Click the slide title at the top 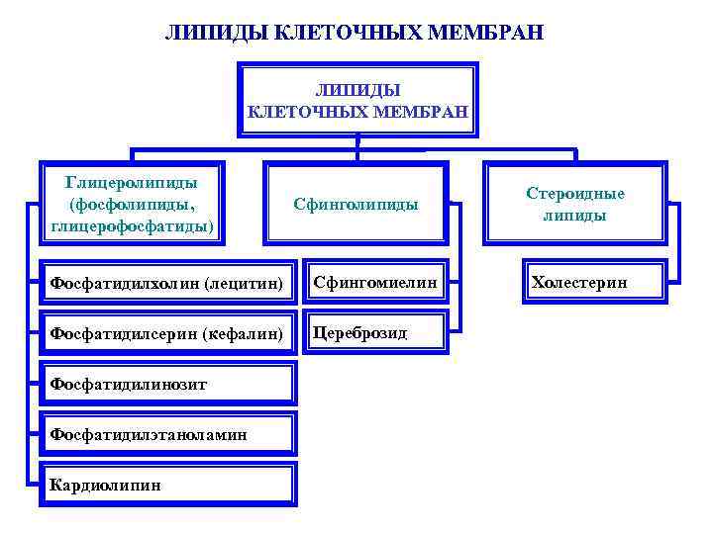355,33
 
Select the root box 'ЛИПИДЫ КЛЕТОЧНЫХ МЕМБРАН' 356,100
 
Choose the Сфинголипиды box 356,205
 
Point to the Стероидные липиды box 574,205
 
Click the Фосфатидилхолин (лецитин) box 167,283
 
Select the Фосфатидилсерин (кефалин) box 167,333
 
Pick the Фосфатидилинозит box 167,384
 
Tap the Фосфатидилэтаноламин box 167,434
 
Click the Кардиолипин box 167,485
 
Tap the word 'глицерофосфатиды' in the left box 133,226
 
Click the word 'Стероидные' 575,194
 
